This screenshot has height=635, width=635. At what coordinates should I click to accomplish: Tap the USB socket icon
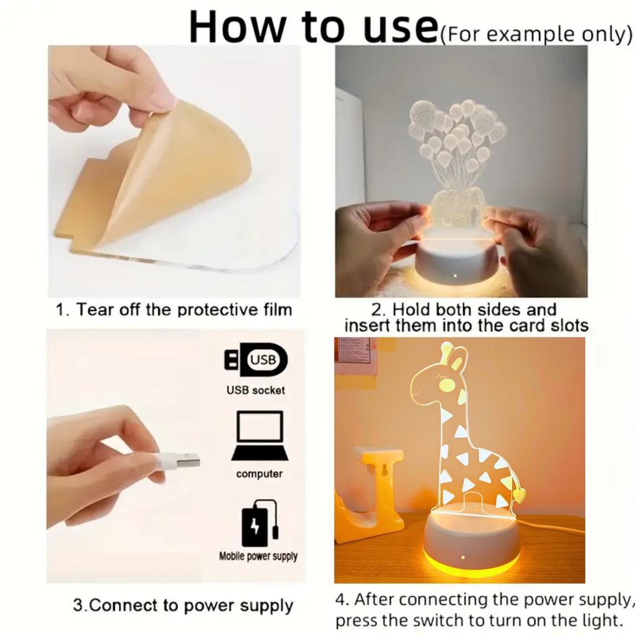(256, 360)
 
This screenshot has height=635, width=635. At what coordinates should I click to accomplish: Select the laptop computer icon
(260, 436)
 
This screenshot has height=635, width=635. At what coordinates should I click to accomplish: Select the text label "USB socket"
(255, 390)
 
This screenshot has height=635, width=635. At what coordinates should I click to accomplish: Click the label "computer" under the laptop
(259, 474)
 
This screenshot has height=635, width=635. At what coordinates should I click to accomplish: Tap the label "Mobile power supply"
(258, 556)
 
